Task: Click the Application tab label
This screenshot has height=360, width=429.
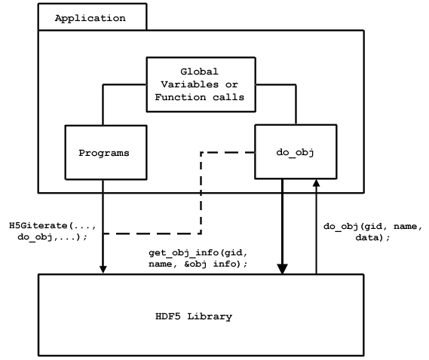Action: pyautogui.click(x=90, y=18)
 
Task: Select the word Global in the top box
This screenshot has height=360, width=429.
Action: pyautogui.click(x=199, y=72)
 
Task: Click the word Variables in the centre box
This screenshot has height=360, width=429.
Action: pyautogui.click(x=189, y=84)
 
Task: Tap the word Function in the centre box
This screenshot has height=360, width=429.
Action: pyautogui.click(x=180, y=97)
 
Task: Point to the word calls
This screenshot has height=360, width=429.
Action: pyautogui.click(x=228, y=97)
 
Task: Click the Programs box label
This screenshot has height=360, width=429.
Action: pyautogui.click(x=104, y=153)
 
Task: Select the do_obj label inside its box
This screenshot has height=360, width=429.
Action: pyautogui.click(x=295, y=153)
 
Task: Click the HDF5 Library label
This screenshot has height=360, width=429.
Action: pyautogui.click(x=194, y=316)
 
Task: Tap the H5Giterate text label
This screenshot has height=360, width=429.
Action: pyautogui.click(x=38, y=226)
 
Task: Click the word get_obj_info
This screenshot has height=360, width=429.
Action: pyautogui.click(x=184, y=253)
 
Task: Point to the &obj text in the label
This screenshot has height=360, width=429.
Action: pyautogui.click(x=195, y=264)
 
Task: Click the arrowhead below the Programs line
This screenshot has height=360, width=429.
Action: pyautogui.click(x=103, y=270)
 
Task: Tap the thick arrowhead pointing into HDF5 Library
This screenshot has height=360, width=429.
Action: pyautogui.click(x=282, y=269)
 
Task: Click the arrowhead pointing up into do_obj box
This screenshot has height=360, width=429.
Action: pyautogui.click(x=316, y=183)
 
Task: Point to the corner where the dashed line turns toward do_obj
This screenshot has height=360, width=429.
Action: pyautogui.click(x=201, y=153)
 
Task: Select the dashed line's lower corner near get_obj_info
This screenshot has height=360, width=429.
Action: pyautogui.click(x=201, y=233)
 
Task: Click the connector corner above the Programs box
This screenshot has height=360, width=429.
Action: pyautogui.click(x=103, y=85)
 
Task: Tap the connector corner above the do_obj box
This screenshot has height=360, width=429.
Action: pyautogui.click(x=296, y=85)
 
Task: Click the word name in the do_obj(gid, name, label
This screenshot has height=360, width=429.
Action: pyautogui.click(x=405, y=227)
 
